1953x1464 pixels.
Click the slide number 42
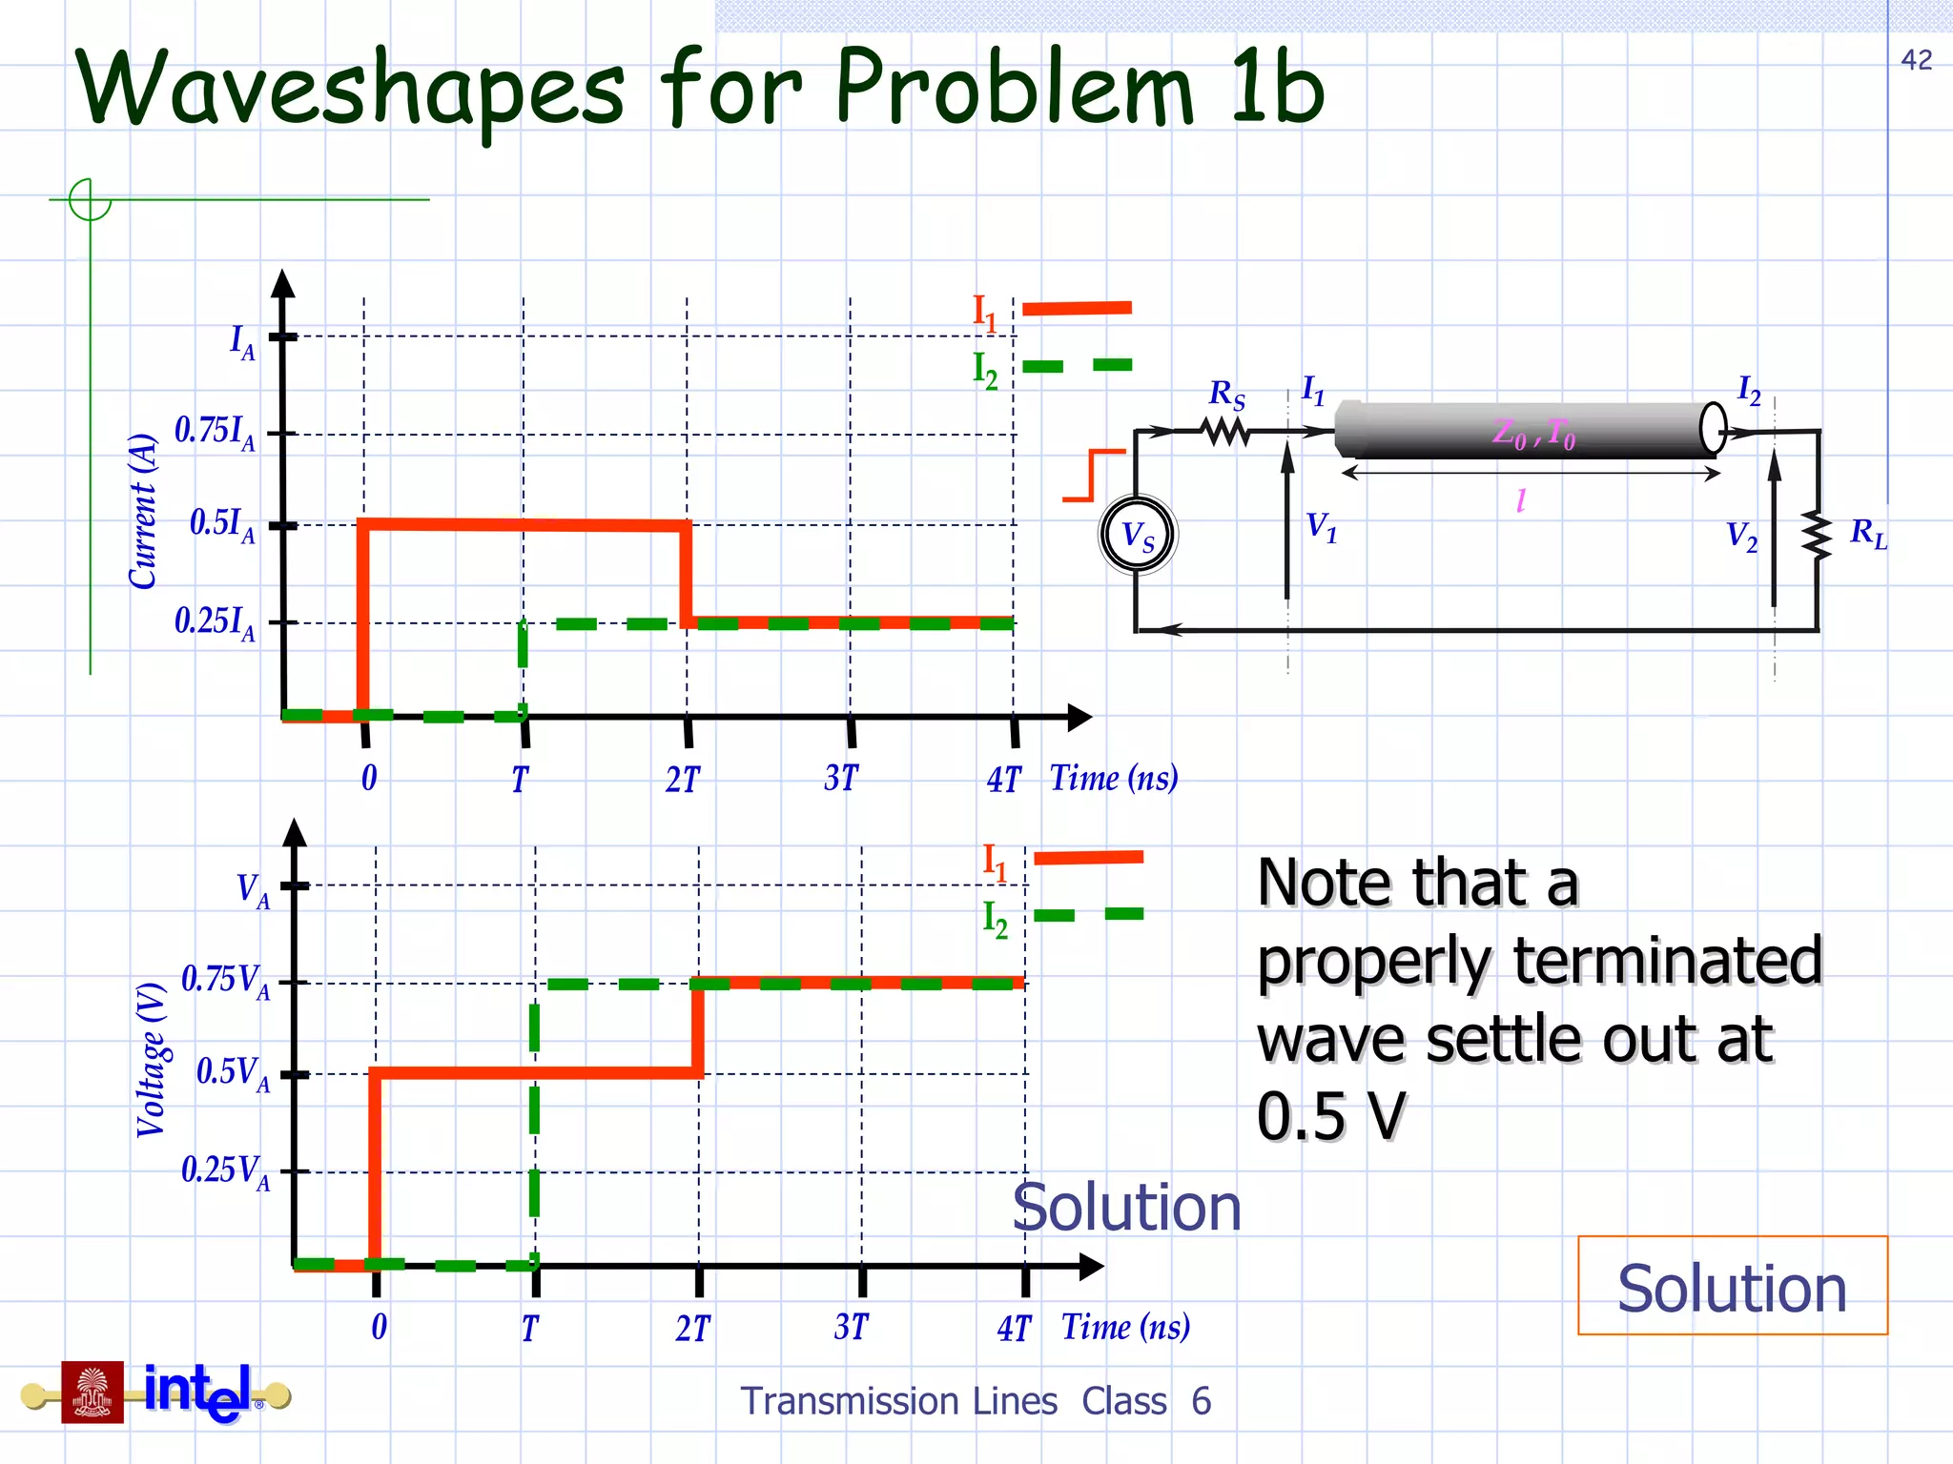[1916, 60]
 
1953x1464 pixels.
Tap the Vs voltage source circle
[1138, 535]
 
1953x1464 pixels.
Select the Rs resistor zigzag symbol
[1227, 433]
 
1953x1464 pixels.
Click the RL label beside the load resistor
[1867, 534]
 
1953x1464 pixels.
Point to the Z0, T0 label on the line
[1533, 434]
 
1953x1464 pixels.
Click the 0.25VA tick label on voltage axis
[225, 1171]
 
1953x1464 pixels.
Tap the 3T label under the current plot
[841, 779]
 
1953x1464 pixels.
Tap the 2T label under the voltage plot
[693, 1328]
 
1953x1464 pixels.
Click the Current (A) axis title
[143, 511]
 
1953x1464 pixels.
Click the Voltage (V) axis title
[152, 1060]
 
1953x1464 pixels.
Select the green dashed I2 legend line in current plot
[1078, 366]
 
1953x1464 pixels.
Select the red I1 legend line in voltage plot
[1088, 858]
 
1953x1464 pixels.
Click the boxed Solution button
[1732, 1287]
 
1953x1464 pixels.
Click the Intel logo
[198, 1393]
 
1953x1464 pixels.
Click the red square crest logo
[93, 1393]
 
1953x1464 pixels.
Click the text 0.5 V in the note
[1331, 1116]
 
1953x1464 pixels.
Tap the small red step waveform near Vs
[1093, 475]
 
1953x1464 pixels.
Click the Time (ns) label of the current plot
[1114, 779]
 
